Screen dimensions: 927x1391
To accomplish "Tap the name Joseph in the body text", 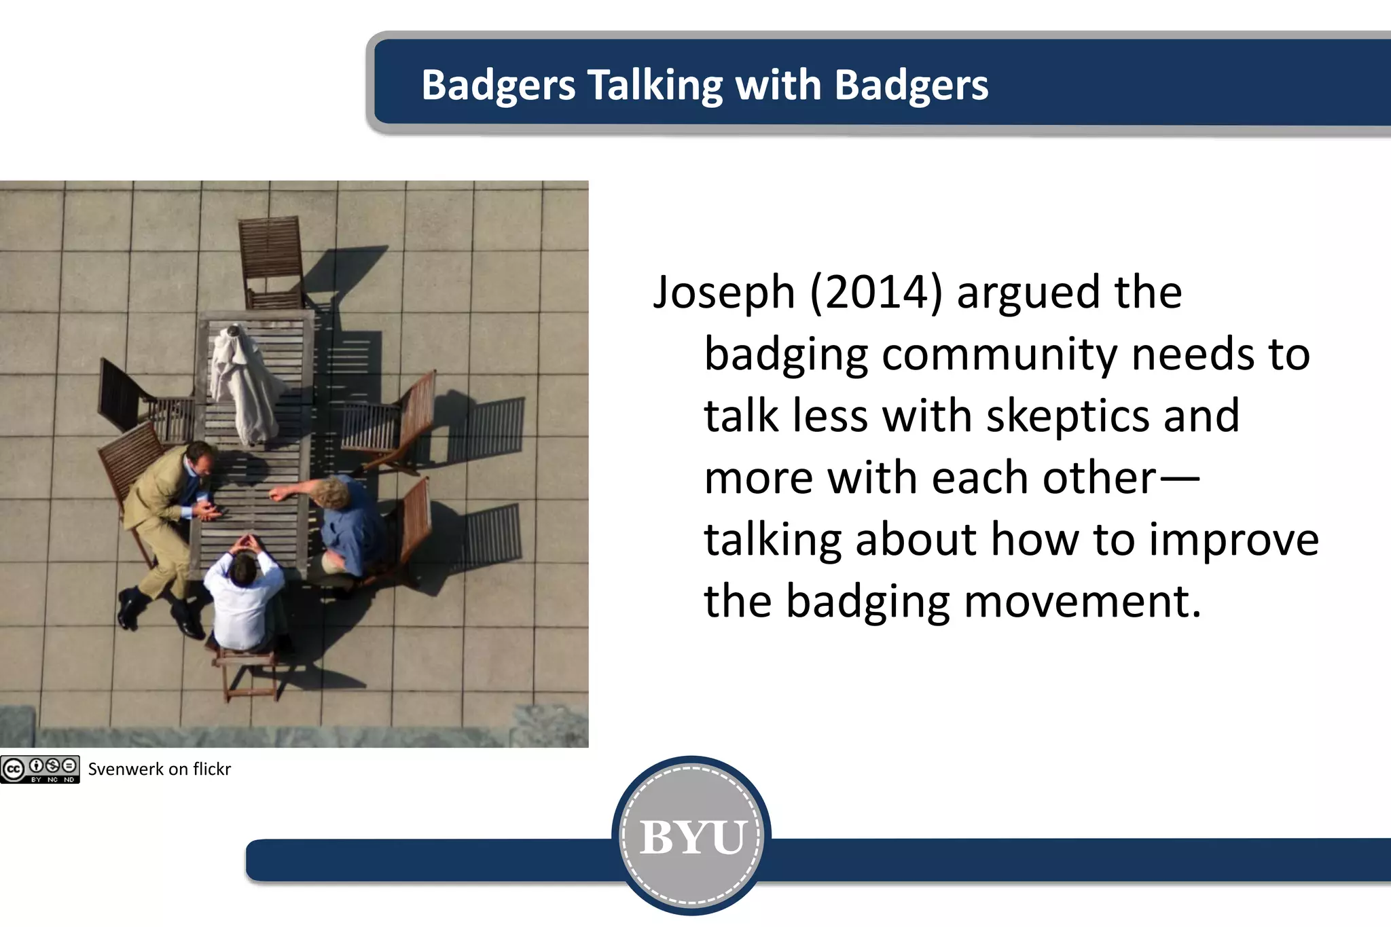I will pyautogui.click(x=724, y=293).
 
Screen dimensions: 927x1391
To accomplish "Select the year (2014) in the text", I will pyautogui.click(x=876, y=293).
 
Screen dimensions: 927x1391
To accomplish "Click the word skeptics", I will pyautogui.click(x=1067, y=416).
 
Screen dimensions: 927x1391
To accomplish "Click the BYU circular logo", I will pyautogui.click(x=691, y=836).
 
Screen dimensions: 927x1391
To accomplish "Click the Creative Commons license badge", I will pyautogui.click(x=40, y=769).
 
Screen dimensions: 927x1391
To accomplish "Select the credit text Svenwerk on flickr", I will pyautogui.click(x=160, y=769).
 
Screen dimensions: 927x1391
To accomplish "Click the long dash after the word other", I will pyautogui.click(x=1179, y=478).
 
